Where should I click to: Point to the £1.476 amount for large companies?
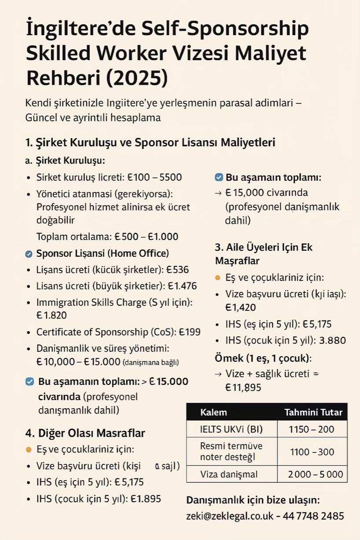point(182,286)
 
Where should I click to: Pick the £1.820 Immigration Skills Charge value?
point(51,315)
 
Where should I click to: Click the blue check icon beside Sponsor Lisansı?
point(29,254)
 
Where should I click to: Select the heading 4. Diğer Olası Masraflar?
point(85,433)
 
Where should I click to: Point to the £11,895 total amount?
point(243,387)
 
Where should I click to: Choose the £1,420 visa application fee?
point(240,307)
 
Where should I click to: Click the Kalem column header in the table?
point(213,412)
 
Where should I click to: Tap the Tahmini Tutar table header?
point(313,412)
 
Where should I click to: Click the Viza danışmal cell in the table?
point(229,474)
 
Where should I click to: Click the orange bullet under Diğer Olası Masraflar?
point(29,449)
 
